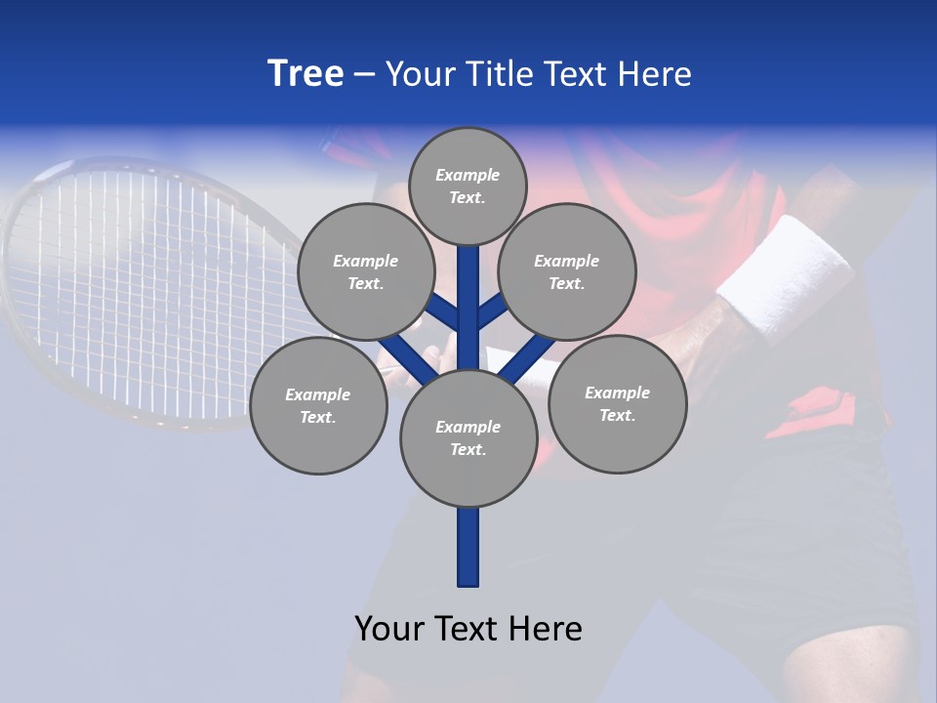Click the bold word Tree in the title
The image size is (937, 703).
tap(306, 73)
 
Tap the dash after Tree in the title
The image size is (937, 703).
tap(364, 75)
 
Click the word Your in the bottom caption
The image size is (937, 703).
tap(389, 629)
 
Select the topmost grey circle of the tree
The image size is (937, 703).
tap(468, 186)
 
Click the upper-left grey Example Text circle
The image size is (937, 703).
tap(365, 271)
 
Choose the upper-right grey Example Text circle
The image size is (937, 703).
tap(566, 271)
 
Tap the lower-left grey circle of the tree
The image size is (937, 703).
tap(317, 405)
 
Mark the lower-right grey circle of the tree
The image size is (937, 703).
tap(617, 403)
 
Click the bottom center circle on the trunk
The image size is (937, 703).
tap(468, 437)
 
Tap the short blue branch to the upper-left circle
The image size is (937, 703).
tap(442, 312)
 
